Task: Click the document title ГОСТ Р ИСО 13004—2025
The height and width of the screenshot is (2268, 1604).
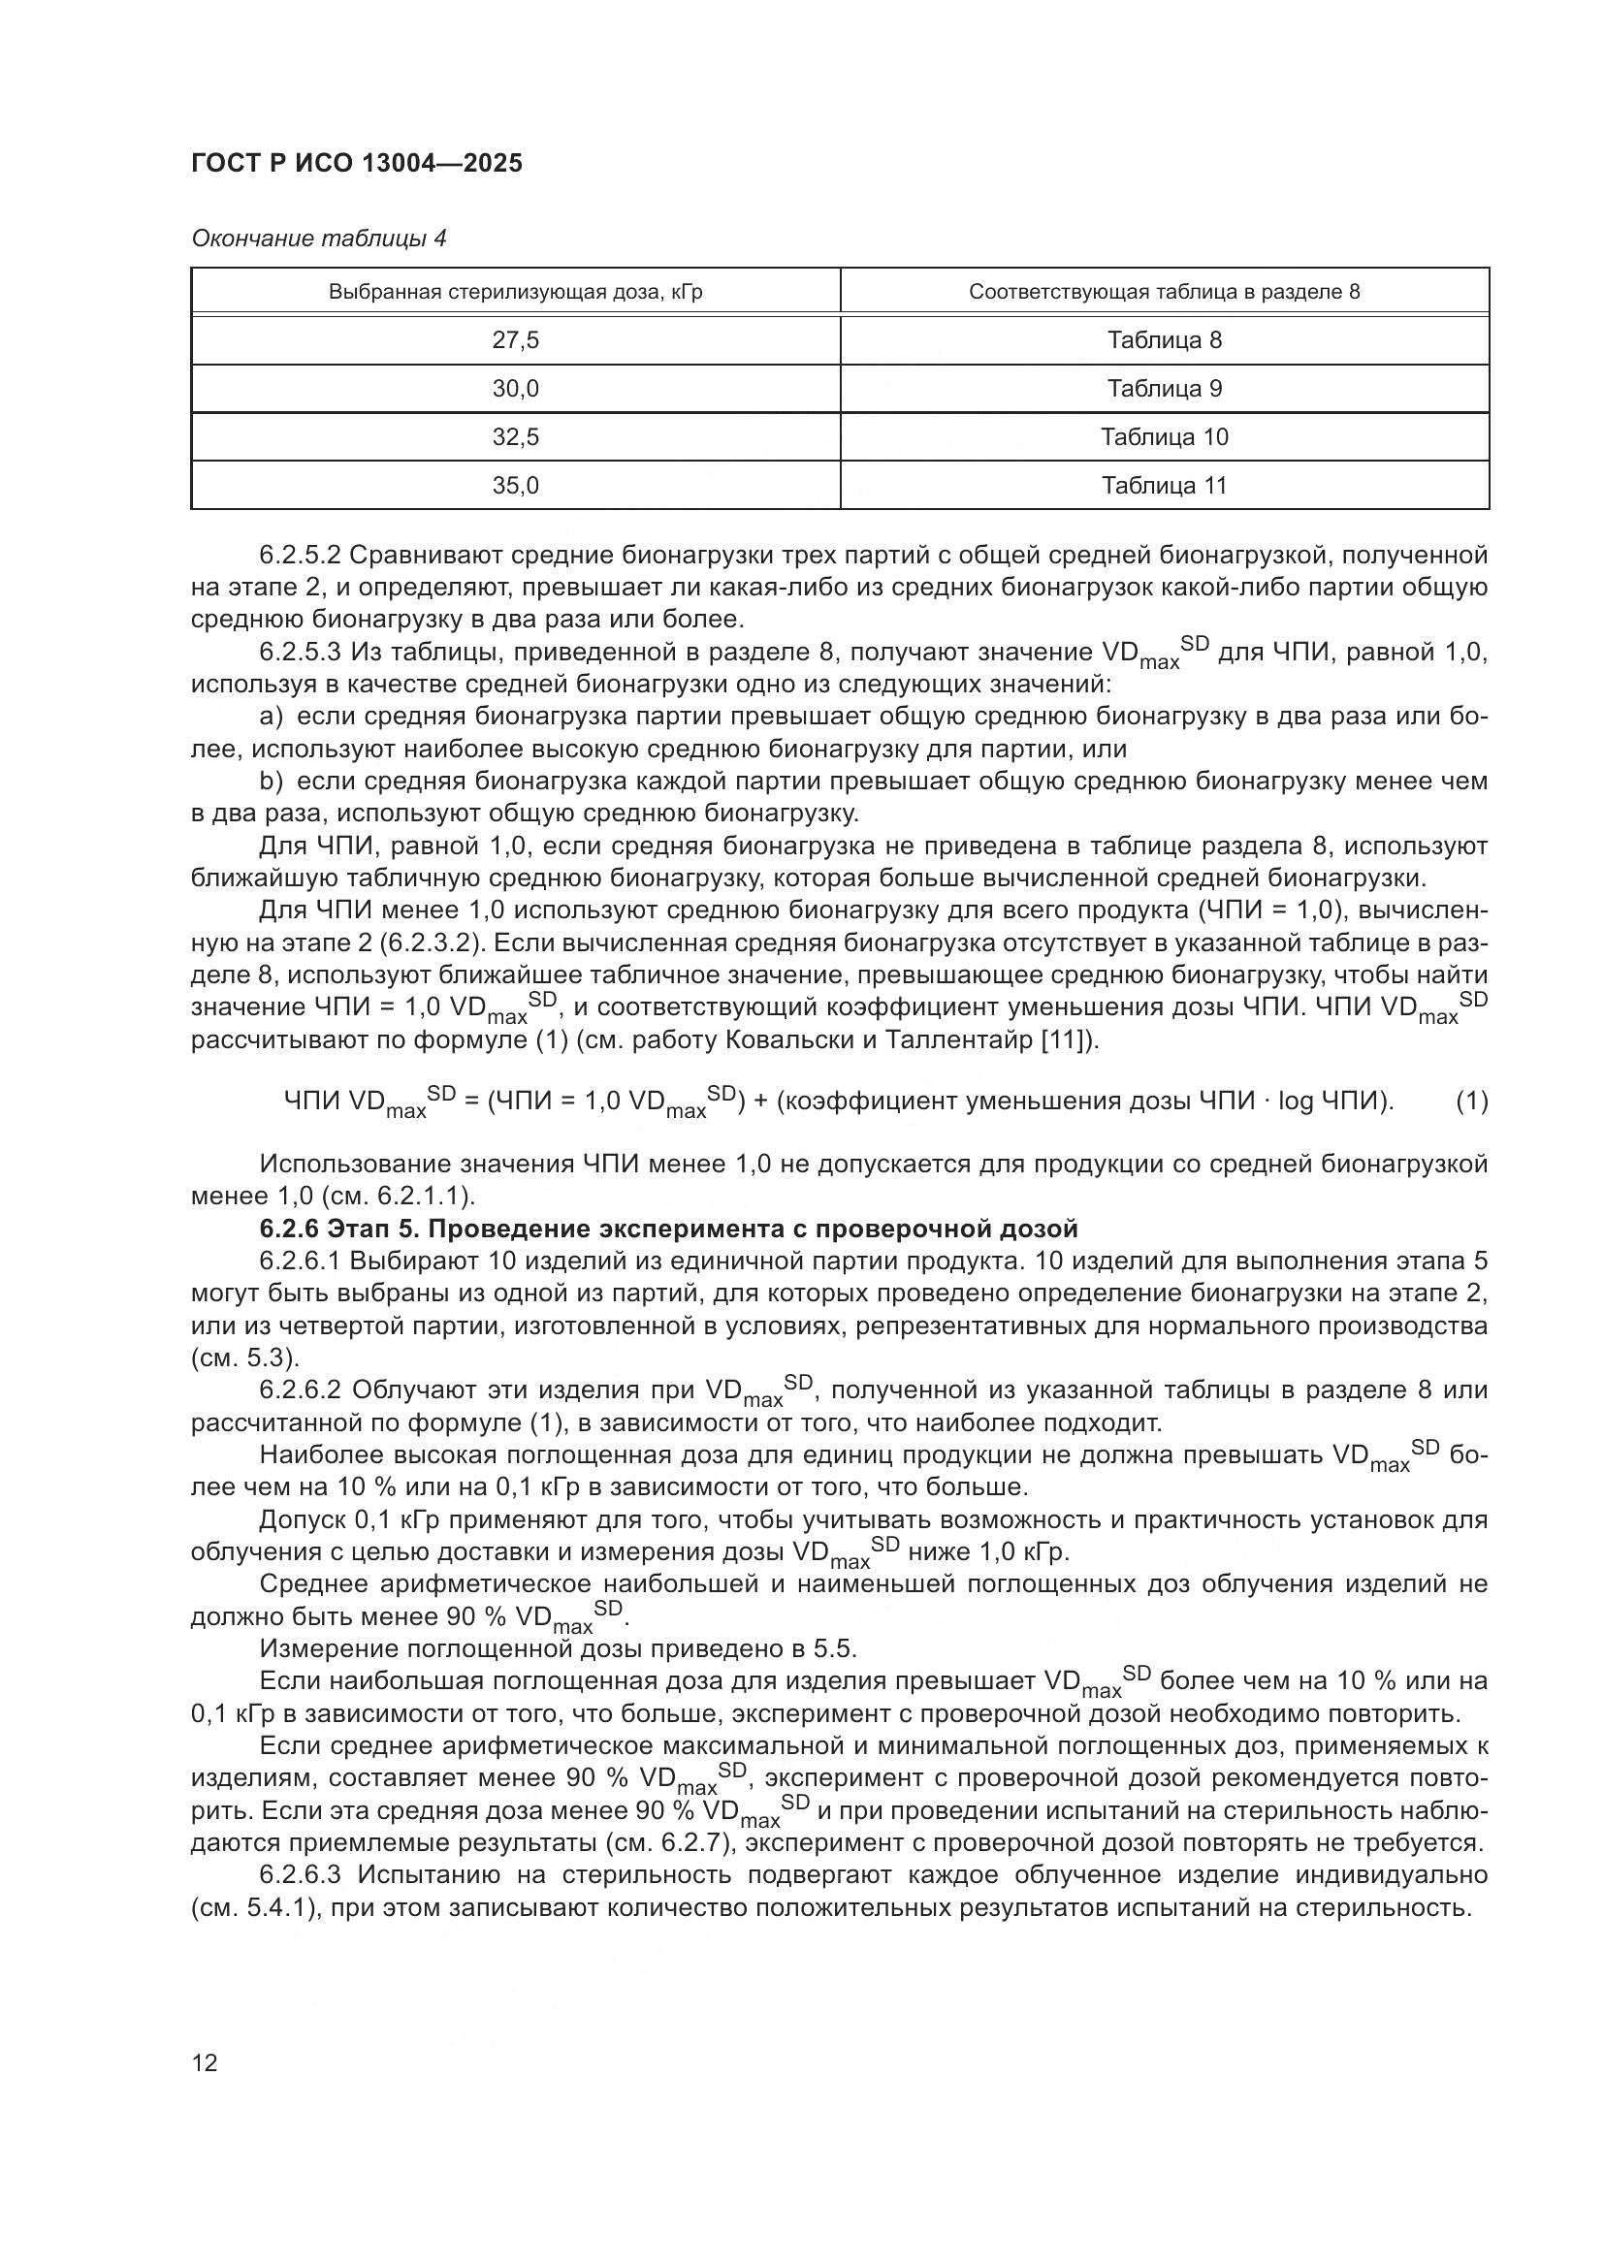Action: click(x=357, y=164)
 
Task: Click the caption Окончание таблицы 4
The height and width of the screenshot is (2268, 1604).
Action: click(x=318, y=239)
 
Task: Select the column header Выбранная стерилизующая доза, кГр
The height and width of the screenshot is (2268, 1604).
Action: click(x=515, y=292)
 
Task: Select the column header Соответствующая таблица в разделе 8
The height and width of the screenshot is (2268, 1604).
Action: click(x=1164, y=292)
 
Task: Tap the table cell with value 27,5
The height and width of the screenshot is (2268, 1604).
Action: click(x=515, y=340)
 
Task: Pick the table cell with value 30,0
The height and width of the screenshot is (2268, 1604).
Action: click(x=515, y=389)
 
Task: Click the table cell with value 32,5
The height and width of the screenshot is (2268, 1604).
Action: click(x=515, y=437)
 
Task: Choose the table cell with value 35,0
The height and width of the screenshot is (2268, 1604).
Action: click(x=515, y=486)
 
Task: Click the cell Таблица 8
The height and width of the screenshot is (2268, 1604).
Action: click(x=1164, y=340)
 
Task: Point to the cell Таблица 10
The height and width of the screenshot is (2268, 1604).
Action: click(x=1164, y=437)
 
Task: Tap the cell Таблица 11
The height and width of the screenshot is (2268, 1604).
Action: click(x=1164, y=486)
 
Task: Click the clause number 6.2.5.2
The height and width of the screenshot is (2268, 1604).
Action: click(x=301, y=556)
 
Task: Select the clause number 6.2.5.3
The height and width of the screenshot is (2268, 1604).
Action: click(x=301, y=653)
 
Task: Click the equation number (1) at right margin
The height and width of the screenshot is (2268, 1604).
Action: click(x=1471, y=1102)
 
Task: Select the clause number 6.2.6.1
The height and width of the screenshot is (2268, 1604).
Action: click(x=301, y=1262)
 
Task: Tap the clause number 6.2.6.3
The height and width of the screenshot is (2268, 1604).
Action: click(x=301, y=1875)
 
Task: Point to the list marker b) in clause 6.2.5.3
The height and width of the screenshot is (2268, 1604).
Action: click(x=271, y=782)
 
